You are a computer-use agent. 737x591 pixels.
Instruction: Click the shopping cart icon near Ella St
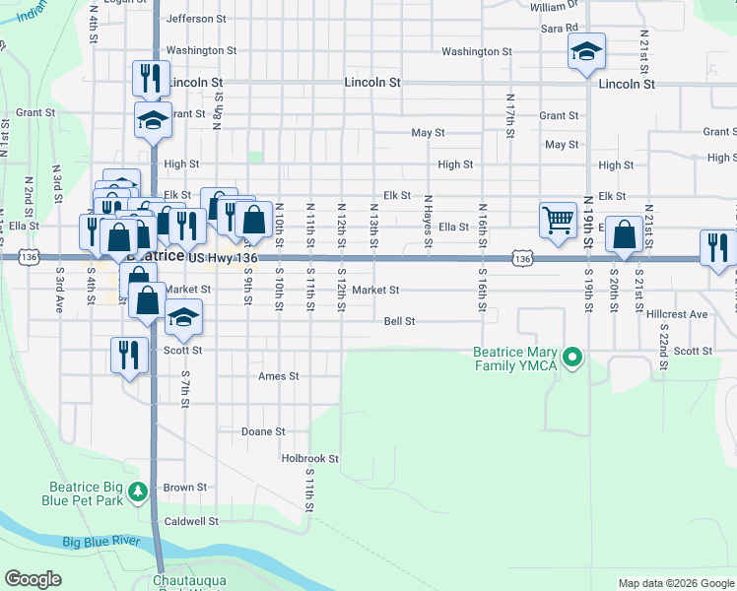558,220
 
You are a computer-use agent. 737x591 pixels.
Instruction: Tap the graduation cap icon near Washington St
586,50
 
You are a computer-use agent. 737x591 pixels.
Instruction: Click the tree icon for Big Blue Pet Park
139,490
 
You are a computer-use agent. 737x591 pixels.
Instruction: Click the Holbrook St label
309,458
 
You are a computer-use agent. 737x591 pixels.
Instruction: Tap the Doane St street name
263,431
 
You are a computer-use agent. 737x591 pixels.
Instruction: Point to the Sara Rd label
559,29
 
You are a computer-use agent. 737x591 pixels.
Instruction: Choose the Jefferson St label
197,19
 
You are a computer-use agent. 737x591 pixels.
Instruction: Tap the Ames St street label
278,376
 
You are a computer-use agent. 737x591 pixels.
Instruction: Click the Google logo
33,579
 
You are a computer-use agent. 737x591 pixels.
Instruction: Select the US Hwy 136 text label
223,257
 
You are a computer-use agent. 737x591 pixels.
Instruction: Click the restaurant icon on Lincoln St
150,78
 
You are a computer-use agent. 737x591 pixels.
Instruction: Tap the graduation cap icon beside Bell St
183,316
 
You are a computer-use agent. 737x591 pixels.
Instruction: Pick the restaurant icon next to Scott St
129,354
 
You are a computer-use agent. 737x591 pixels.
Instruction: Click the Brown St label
185,487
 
